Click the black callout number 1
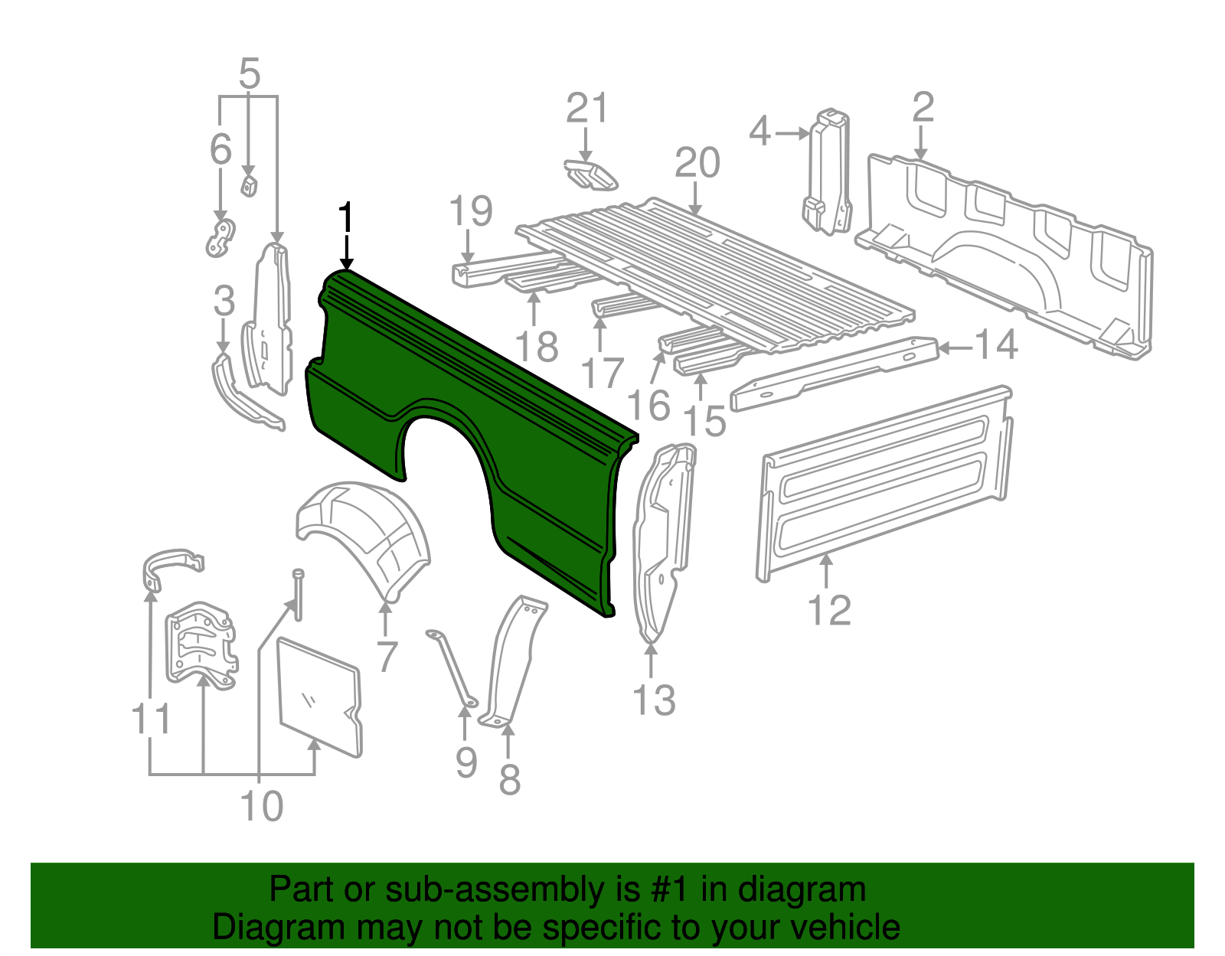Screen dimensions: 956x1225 (x=346, y=218)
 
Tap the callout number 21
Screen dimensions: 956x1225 (x=586, y=109)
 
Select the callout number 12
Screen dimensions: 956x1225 (x=829, y=610)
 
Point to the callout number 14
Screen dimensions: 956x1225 (x=995, y=345)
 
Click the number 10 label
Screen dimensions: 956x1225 (x=262, y=806)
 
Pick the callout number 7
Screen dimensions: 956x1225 (x=387, y=656)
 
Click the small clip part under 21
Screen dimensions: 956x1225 (x=590, y=175)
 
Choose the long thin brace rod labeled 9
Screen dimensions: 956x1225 (x=452, y=666)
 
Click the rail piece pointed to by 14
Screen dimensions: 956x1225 (x=835, y=371)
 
